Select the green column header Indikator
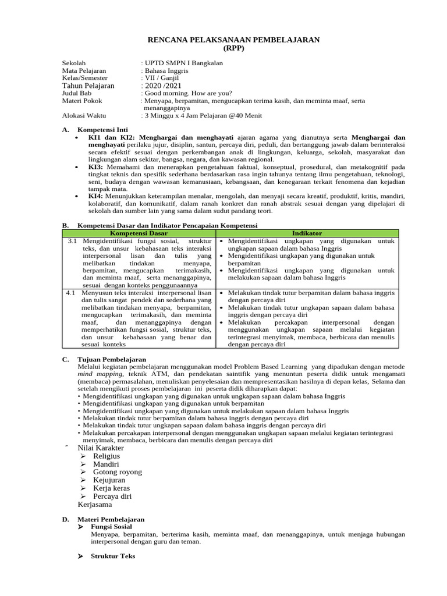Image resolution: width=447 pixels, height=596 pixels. coord(307,233)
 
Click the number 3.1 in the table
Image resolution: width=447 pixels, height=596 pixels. coord(72,240)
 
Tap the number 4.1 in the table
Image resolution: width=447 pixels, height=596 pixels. coord(72,293)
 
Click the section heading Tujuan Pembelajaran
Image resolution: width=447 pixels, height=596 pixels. coord(111,360)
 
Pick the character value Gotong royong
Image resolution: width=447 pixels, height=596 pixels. coord(118,472)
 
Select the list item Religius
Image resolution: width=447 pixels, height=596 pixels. coord(107,456)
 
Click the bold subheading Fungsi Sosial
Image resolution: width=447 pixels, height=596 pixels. coord(111,526)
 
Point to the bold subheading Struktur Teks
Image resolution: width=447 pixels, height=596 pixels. coord(113,556)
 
